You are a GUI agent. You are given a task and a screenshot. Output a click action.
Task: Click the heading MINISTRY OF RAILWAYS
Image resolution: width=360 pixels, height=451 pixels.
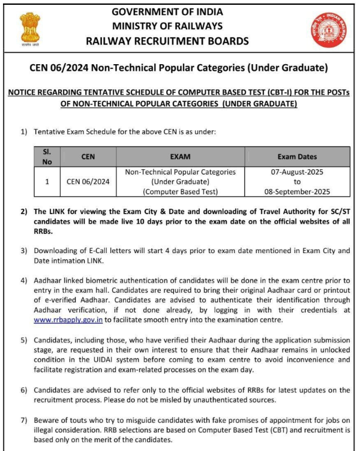point(167,26)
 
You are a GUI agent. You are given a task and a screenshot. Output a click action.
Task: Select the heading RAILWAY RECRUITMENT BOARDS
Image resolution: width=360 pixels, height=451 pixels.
point(167,41)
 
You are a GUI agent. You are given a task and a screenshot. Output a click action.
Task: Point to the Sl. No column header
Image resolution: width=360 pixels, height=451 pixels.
point(47,157)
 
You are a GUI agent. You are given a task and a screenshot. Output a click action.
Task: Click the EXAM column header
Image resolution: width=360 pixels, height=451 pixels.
point(180,157)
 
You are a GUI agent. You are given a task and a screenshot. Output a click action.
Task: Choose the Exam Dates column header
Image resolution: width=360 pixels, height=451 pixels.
point(297,157)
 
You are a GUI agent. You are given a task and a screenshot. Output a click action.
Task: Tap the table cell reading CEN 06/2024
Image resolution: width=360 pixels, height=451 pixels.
point(87,182)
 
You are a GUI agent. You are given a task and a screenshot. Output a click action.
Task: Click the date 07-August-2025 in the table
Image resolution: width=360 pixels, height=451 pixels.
point(297,172)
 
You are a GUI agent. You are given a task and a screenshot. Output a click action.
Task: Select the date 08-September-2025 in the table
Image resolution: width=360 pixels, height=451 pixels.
point(297,192)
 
